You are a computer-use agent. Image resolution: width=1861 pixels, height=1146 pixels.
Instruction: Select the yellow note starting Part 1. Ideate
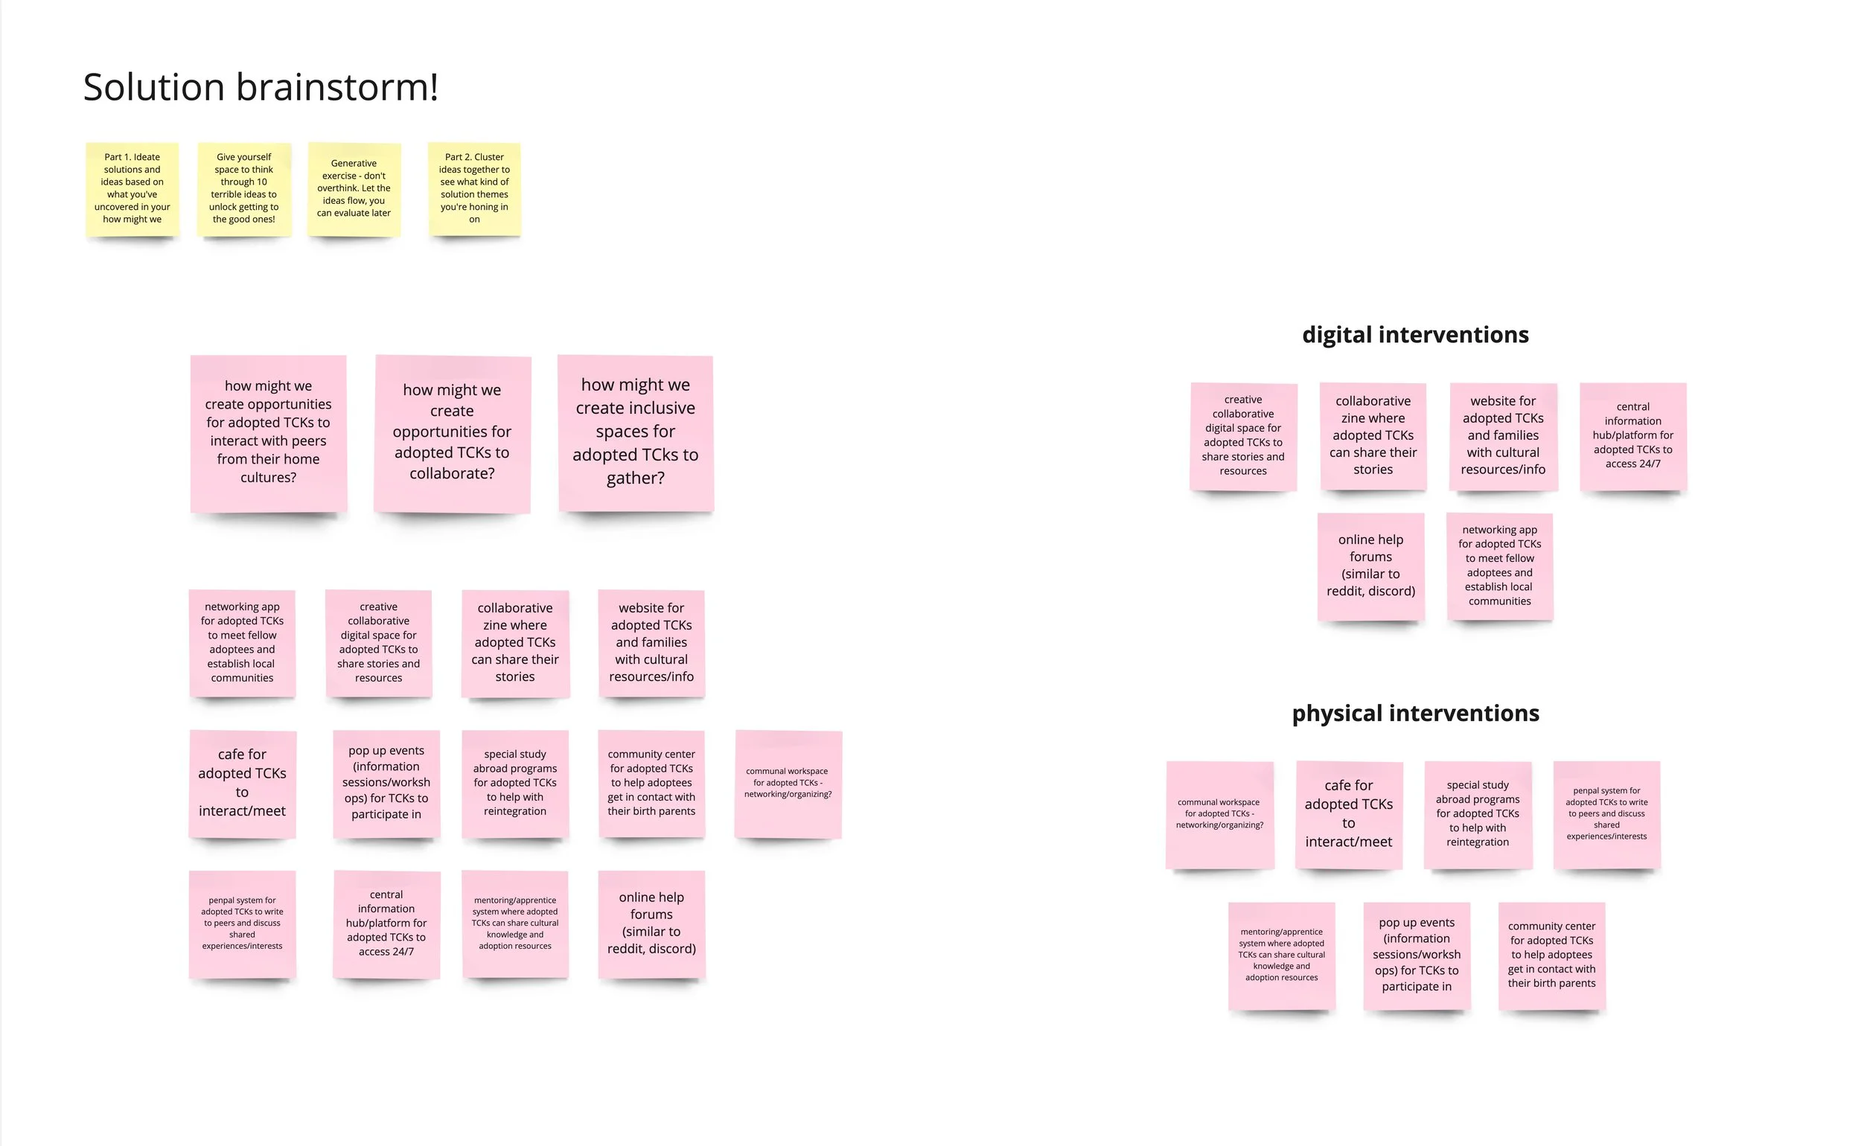[132, 189]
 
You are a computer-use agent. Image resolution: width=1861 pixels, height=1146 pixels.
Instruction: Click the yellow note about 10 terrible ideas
[243, 189]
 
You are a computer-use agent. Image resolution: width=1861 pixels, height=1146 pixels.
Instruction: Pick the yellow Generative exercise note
[354, 189]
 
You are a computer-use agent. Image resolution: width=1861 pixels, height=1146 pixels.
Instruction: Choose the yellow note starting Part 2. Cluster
[474, 189]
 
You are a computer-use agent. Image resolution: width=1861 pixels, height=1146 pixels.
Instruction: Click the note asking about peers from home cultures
[268, 433]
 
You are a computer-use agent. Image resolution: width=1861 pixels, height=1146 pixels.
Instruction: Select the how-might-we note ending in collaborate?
[452, 433]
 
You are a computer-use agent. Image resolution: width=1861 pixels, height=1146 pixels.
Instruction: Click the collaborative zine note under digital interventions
[1373, 436]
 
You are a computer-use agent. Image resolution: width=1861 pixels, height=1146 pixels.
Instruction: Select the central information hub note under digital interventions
[1632, 436]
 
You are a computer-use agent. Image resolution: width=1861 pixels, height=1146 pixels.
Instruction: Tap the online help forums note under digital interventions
[1370, 566]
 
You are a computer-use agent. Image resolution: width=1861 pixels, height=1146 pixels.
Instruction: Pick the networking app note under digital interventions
[1499, 566]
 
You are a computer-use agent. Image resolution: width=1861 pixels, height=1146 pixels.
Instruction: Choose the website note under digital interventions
[1503, 436]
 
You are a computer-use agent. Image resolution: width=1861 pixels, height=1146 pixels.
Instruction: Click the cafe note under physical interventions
[1349, 814]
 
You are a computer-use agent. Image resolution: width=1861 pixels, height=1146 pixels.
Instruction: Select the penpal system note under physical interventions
[1606, 814]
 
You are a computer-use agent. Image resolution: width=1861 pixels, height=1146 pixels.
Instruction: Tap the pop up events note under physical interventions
[1416, 955]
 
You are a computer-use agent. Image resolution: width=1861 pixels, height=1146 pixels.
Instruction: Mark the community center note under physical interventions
[1552, 955]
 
